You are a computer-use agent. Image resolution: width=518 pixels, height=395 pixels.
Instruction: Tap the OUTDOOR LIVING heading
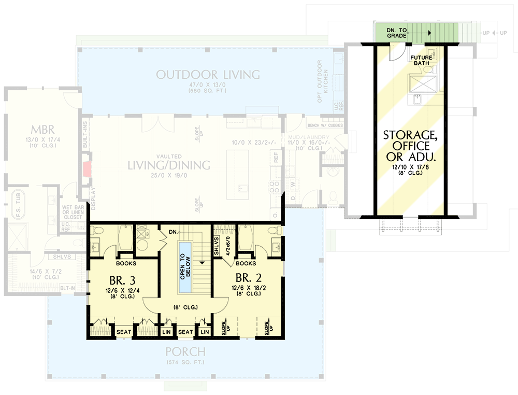208,75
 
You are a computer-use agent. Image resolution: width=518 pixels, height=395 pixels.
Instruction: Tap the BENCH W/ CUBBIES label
325,125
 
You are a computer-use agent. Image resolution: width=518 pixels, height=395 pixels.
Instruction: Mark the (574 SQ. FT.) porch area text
185,362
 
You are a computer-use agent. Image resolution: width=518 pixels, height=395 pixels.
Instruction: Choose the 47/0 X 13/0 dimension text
208,86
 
